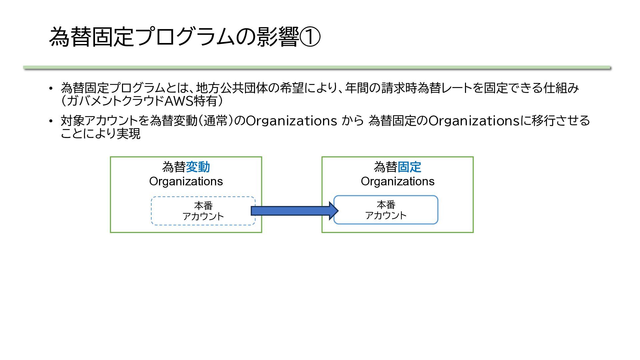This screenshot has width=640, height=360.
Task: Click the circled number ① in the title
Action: (310, 37)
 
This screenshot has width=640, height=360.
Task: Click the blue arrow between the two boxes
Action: (295, 211)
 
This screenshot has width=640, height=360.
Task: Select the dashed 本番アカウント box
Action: (203, 211)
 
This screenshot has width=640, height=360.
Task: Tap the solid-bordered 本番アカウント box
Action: (386, 210)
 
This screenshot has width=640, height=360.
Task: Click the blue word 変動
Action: (198, 167)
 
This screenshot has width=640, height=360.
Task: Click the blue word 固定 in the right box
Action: (409, 167)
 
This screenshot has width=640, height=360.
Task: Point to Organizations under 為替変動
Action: (186, 181)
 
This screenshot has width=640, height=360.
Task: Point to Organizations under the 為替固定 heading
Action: (398, 181)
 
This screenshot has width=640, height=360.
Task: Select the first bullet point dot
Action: (51, 88)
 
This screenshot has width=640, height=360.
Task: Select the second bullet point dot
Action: (51, 121)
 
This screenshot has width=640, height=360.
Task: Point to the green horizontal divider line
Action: (317, 68)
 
